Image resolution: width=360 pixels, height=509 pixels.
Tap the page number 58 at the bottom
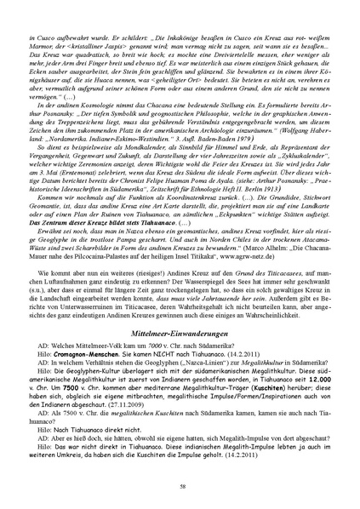(x=180, y=485)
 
